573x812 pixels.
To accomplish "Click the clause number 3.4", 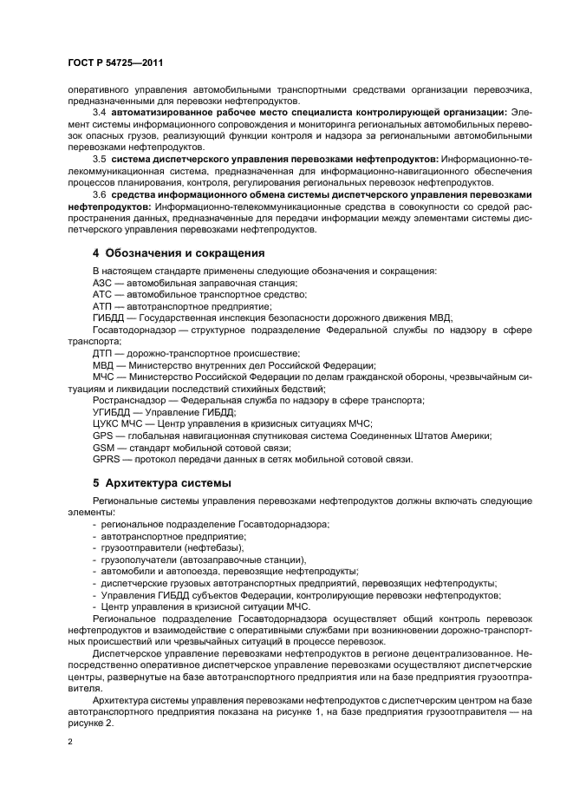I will click(x=99, y=112).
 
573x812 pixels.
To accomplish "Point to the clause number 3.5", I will click(x=99, y=159).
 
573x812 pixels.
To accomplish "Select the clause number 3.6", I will click(x=99, y=194).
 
